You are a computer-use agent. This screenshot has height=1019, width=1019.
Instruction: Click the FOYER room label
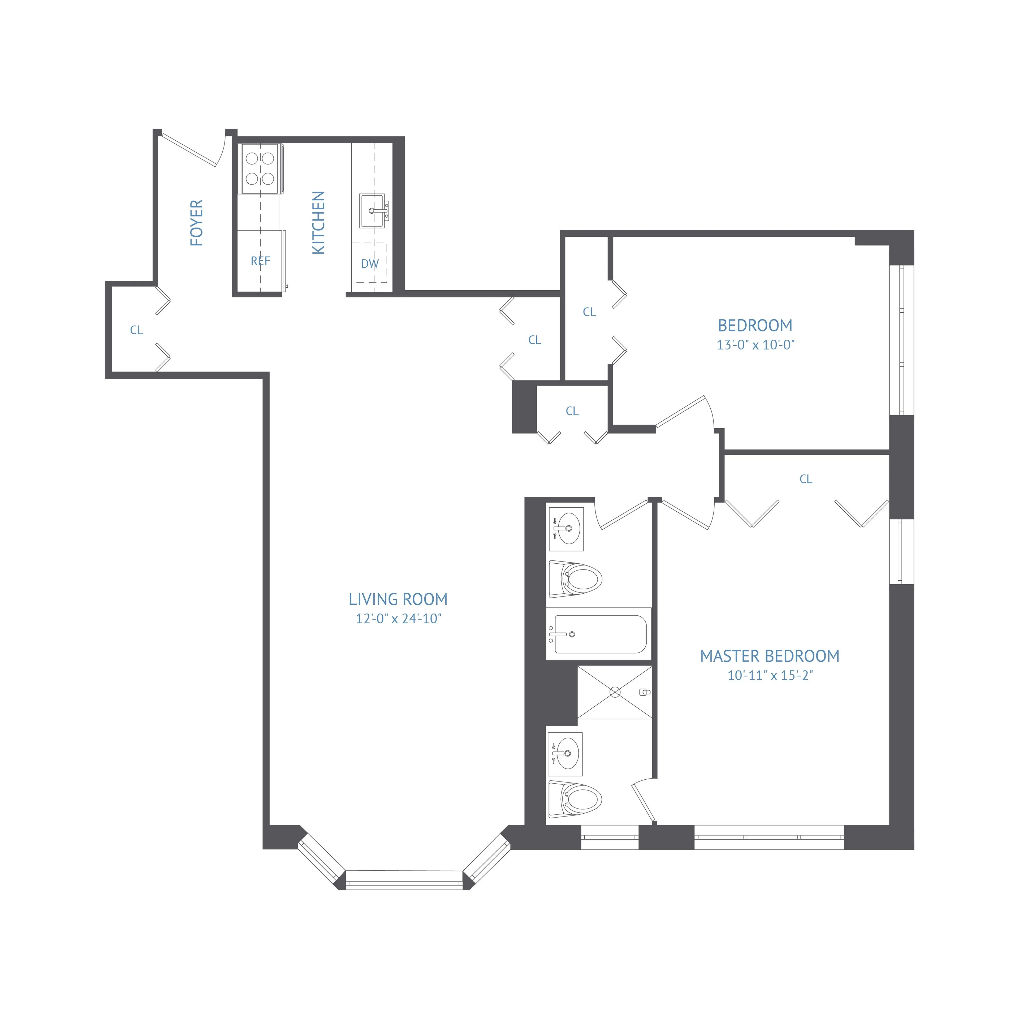[196, 223]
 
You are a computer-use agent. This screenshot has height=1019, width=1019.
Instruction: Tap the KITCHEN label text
[318, 223]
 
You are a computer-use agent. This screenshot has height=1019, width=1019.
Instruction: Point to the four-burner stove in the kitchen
[261, 169]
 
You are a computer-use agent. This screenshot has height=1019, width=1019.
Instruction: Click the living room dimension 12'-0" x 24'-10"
[398, 619]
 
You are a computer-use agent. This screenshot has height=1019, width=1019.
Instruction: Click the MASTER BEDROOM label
[770, 656]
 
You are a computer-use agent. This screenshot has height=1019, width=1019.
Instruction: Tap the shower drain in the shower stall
[615, 692]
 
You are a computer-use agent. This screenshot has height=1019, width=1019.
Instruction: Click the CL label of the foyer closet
[136, 330]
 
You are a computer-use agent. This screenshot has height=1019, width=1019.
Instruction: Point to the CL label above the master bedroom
[805, 479]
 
